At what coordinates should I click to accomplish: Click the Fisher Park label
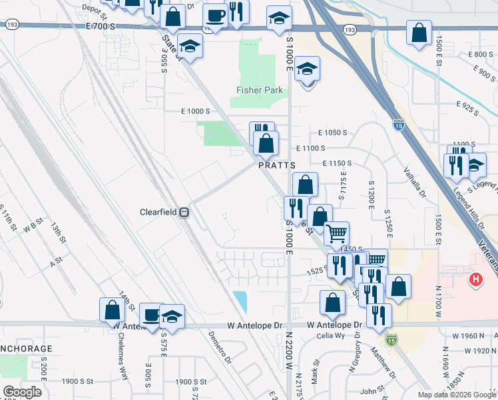point(256,90)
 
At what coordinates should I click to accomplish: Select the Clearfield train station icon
point(184,212)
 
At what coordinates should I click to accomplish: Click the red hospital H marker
point(475,279)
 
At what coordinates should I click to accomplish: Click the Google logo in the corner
point(22,391)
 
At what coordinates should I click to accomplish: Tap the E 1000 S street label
point(196,111)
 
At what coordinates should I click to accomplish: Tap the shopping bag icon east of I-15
point(419,33)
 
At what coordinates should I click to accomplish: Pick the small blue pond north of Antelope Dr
point(240,301)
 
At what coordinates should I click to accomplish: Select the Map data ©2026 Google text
point(457,393)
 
